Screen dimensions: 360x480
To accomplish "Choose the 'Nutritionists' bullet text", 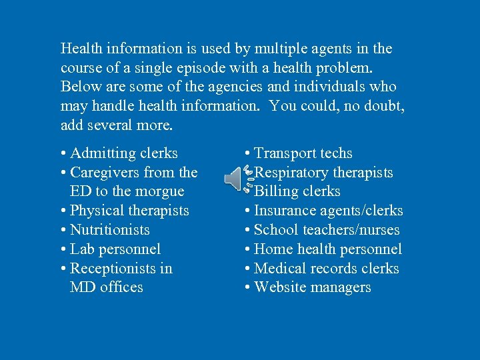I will [x=110, y=230].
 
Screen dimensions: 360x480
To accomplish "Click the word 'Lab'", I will [x=82, y=249].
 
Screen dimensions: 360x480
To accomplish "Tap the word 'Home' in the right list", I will [x=274, y=249].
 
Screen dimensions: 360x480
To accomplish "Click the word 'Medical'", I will [x=281, y=269].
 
